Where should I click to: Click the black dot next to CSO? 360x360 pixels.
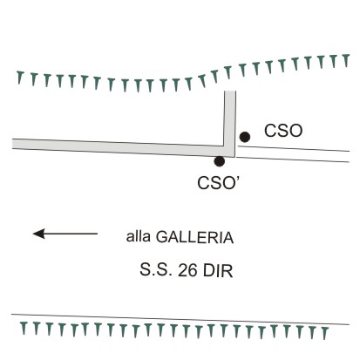[245, 137]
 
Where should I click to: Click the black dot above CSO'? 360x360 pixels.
[219, 161]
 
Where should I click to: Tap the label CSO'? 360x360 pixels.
[218, 183]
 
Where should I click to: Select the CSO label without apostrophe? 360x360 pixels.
[283, 131]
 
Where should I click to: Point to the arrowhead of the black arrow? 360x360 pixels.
[33, 234]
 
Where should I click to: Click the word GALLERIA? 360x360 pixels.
[194, 237]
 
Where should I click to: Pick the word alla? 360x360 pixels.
[138, 236]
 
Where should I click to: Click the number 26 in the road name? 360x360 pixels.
[187, 270]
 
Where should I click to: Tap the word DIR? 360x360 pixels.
[218, 270]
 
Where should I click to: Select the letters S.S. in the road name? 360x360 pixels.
[157, 270]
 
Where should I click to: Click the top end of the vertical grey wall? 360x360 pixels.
[230, 92]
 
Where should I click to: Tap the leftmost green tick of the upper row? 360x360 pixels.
[20, 78]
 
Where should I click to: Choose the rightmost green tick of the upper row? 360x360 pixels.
[345, 60]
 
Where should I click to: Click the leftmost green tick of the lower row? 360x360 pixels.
[24, 328]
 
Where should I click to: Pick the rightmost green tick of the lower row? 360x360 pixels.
[325, 333]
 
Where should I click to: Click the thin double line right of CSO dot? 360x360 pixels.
[294, 154]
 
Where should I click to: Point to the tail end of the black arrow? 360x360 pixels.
[98, 234]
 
